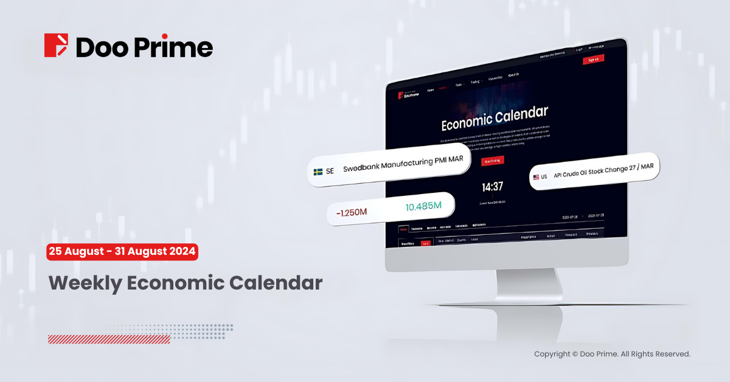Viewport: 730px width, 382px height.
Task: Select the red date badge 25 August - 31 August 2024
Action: [122, 251]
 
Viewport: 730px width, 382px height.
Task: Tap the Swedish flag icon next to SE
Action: [318, 172]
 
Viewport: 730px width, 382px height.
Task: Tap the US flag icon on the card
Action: [536, 177]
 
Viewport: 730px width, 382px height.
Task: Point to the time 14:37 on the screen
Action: [493, 187]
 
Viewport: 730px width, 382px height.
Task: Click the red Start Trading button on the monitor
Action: [492, 161]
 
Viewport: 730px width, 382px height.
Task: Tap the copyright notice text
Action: [612, 354]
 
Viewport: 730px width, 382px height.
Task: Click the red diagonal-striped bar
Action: [109, 339]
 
